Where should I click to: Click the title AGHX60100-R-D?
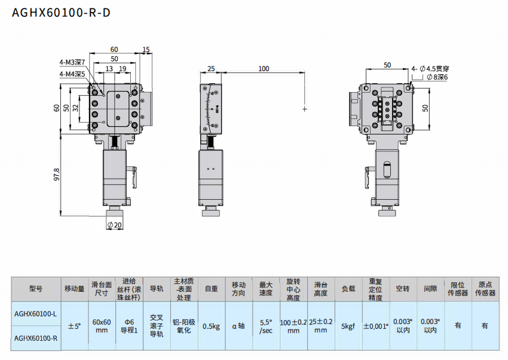(x=61, y=13)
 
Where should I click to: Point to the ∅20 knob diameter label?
(x=114, y=225)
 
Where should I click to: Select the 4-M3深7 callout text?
(x=72, y=62)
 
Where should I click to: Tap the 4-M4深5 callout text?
(x=72, y=74)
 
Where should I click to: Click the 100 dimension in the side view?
(x=264, y=69)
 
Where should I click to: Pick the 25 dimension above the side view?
(x=211, y=69)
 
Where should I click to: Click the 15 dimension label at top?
(x=146, y=50)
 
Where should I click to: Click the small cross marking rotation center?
(x=305, y=109)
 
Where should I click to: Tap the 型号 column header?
(x=36, y=289)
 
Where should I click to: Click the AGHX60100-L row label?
(x=36, y=313)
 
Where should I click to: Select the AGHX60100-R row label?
(x=36, y=338)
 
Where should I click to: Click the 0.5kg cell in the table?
(x=210, y=326)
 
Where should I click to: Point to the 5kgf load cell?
(x=348, y=326)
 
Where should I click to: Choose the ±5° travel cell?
(x=75, y=326)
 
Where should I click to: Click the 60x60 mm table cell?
(x=102, y=326)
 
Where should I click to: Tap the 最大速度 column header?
(x=265, y=289)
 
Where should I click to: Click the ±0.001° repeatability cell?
(x=375, y=326)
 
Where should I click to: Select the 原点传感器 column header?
(x=485, y=289)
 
